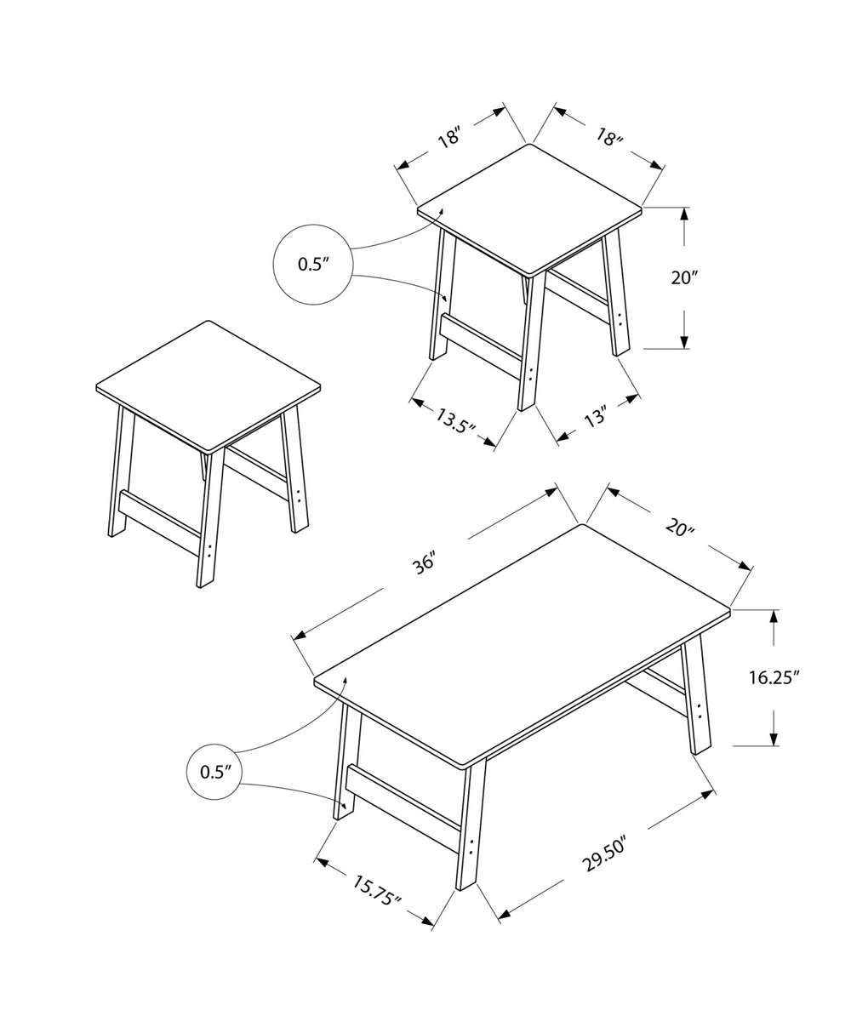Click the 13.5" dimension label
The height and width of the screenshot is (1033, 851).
point(455,421)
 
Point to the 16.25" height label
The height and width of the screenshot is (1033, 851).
point(774,678)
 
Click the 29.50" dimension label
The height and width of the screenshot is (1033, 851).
point(605,855)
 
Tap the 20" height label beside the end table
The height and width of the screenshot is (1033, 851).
point(684,277)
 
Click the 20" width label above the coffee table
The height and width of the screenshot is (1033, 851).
point(680,528)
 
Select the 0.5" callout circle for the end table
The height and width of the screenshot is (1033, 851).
point(312,265)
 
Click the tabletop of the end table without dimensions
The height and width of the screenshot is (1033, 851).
point(208,385)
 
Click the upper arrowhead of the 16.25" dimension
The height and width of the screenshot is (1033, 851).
point(774,617)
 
